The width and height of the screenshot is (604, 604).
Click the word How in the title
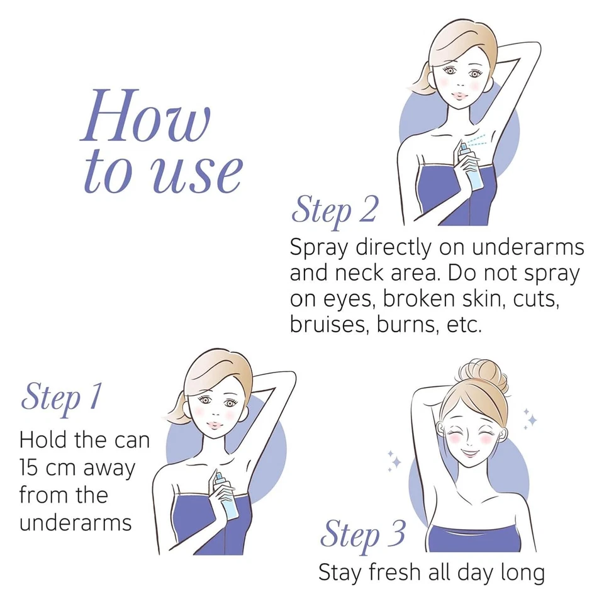[x=146, y=116]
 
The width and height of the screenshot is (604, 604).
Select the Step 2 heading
[x=334, y=210]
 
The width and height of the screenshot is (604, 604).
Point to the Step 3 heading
[x=362, y=535]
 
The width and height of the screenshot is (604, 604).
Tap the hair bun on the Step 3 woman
[x=483, y=374]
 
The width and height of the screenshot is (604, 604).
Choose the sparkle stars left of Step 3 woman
[x=394, y=460]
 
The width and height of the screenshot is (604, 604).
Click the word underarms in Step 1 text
[x=75, y=523]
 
